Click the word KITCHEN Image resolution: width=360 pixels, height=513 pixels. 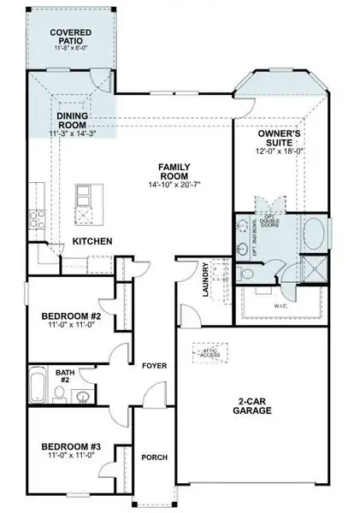[x=92, y=242]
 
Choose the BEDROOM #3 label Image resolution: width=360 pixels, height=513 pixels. [x=72, y=446]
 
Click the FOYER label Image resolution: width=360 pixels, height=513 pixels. [x=155, y=366]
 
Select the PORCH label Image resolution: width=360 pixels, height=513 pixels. [x=155, y=457]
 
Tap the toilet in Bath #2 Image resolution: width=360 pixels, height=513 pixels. [x=59, y=393]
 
